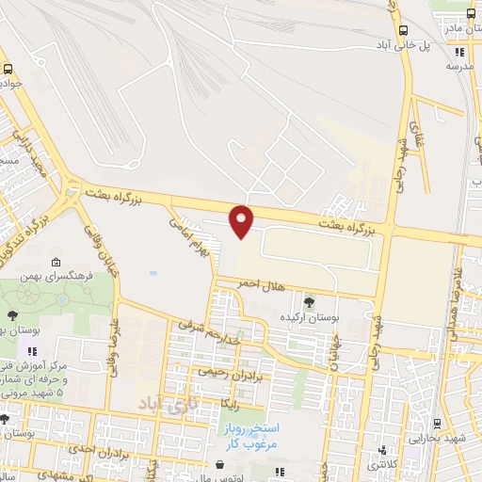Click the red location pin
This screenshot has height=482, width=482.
point(242,220)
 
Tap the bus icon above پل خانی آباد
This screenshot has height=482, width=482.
point(405,29)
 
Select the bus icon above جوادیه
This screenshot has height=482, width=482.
point(8,69)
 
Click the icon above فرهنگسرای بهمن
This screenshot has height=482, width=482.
point(56,263)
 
